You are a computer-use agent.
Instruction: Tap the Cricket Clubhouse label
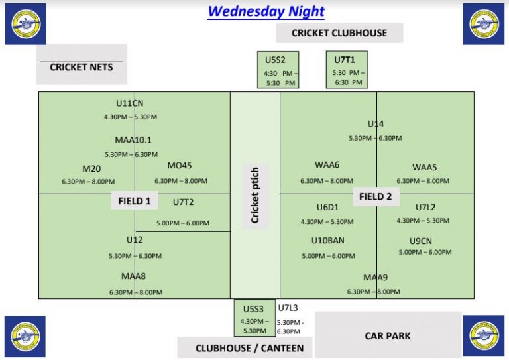[339, 33]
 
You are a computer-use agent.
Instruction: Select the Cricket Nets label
[82, 67]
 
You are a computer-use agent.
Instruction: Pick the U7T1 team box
[347, 70]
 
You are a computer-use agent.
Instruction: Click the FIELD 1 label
[135, 201]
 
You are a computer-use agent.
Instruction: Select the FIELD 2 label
[376, 196]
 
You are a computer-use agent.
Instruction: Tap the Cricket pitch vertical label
[255, 195]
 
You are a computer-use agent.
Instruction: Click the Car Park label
[388, 336]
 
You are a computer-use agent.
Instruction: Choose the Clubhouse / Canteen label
[249, 348]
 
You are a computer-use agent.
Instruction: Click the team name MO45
[180, 166]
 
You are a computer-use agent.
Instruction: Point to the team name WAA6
[327, 166]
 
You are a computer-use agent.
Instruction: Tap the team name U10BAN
[328, 241]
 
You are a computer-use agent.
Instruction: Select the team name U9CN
[421, 241]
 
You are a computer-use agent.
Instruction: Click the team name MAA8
[133, 276]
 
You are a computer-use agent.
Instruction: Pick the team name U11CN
[130, 103]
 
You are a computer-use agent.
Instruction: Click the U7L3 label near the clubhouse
[288, 308]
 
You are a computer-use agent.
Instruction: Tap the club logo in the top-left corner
[25, 24]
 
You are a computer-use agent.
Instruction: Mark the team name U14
[376, 124]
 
